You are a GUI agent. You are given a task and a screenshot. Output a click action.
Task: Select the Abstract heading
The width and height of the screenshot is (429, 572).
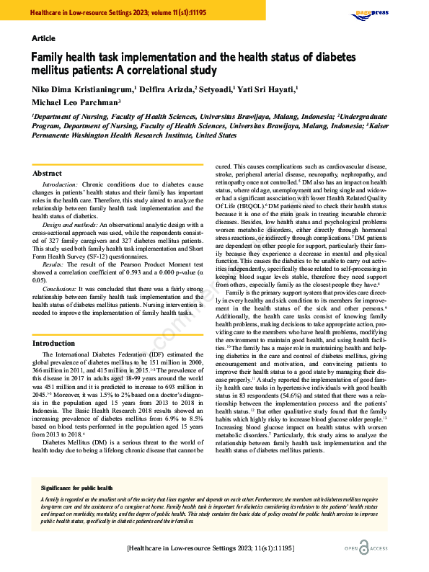[x=48, y=173]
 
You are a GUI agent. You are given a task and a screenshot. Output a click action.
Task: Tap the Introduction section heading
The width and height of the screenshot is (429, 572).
[x=54, y=344]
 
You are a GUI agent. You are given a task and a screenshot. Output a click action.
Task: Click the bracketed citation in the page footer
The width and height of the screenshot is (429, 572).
[x=211, y=548]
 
